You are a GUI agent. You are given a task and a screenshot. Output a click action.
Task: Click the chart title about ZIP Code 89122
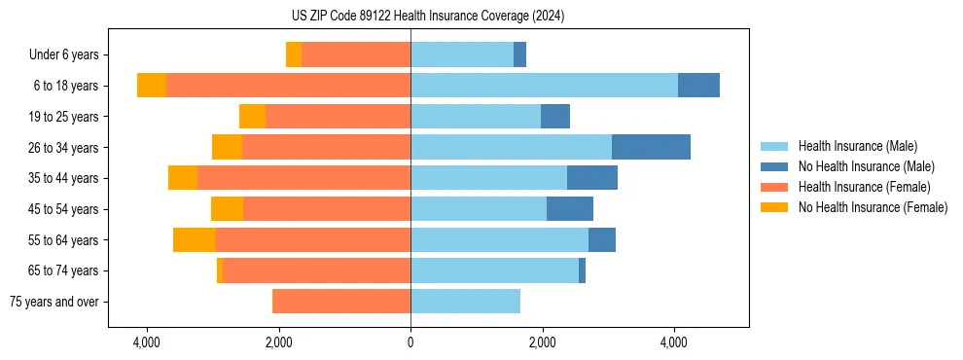pos(427,16)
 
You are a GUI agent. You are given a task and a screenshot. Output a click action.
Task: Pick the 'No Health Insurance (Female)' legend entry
pos(873,207)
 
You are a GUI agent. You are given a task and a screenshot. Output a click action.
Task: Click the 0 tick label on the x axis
pos(410,343)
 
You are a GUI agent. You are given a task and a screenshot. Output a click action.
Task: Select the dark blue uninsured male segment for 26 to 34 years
pos(651,147)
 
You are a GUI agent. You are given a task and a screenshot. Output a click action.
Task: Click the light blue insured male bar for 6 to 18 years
pos(544,86)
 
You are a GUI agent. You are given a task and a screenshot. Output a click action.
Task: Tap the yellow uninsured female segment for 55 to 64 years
pos(195,239)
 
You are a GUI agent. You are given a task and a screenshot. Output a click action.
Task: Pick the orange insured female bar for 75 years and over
pos(341,302)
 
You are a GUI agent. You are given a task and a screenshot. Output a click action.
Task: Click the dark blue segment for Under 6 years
pos(519,54)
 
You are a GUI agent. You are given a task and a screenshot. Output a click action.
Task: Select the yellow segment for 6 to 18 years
pos(152,86)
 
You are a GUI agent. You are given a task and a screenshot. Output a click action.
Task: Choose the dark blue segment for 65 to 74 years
pos(582,270)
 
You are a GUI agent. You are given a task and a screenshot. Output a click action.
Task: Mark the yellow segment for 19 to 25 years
pos(252,117)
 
